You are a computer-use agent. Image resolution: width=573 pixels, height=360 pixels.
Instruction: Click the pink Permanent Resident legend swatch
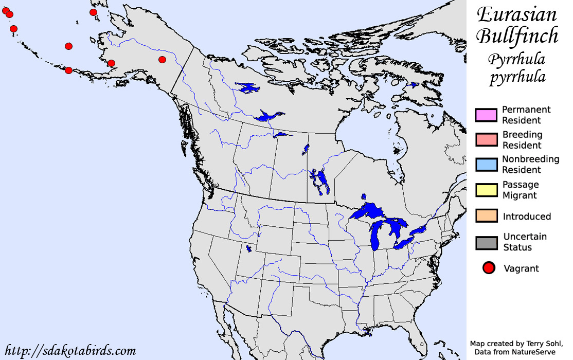[x=486, y=115]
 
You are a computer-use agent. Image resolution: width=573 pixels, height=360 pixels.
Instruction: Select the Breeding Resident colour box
[x=486, y=140]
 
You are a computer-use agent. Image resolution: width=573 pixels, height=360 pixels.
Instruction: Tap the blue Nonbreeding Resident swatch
[x=486, y=165]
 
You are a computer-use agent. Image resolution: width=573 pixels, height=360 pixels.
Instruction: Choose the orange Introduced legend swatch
[x=486, y=216]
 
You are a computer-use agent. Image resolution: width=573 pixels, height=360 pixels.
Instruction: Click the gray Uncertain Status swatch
[x=486, y=242]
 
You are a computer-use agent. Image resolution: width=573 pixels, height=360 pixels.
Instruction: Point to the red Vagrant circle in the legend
[x=489, y=268]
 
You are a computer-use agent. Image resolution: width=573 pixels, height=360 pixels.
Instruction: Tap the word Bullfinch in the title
[x=517, y=36]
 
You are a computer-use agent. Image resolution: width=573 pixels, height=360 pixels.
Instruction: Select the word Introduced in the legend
[x=527, y=217]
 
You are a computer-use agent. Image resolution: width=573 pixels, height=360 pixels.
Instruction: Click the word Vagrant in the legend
[x=521, y=268]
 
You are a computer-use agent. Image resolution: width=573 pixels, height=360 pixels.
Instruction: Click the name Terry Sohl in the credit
[x=538, y=344]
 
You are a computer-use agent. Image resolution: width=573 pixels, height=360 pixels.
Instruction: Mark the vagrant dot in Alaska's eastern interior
[x=162, y=60]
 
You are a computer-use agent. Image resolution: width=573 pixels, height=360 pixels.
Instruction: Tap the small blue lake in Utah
[x=249, y=248]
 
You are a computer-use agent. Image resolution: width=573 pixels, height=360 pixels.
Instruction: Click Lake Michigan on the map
[x=376, y=234]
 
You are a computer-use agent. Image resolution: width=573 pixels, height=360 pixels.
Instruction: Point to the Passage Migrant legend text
[x=520, y=190]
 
